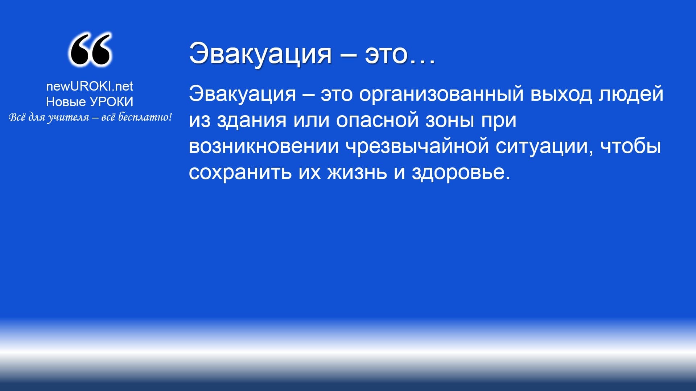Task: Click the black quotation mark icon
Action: point(90,50)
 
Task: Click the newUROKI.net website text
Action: point(90,86)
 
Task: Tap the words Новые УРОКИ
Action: point(90,102)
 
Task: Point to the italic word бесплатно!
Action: point(145,117)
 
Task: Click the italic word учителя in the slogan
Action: point(68,117)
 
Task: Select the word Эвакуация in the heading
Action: point(260,54)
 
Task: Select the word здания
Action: point(252,120)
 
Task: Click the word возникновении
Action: point(264,146)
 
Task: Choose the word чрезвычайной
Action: point(417,146)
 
